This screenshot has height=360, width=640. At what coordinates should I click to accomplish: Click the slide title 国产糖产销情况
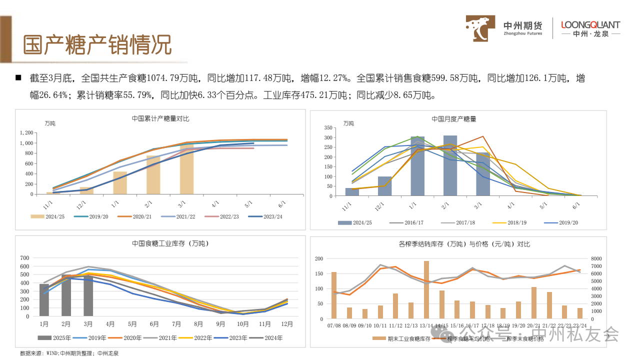[x=97, y=45]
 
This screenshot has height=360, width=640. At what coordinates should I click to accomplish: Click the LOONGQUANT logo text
[x=590, y=25]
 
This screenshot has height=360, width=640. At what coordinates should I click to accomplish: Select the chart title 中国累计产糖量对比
[x=160, y=118]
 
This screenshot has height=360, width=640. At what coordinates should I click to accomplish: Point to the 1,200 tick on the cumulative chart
[x=26, y=133]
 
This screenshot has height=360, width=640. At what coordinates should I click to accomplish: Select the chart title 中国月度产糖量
[x=454, y=119]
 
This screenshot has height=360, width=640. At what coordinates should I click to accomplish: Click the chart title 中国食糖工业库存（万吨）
[x=160, y=243]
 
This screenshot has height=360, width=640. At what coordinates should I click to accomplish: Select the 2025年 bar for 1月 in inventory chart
[x=44, y=299]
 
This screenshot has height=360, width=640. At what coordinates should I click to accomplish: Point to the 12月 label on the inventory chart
[x=287, y=324]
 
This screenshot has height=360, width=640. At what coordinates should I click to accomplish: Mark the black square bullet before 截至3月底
[x=18, y=78]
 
